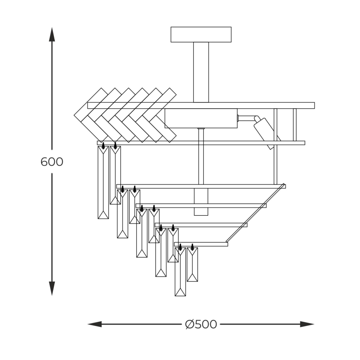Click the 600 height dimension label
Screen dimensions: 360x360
tap(52, 161)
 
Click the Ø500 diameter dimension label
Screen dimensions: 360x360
tap(201, 324)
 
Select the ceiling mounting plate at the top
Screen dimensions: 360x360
tap(201, 34)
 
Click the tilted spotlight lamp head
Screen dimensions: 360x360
tap(265, 131)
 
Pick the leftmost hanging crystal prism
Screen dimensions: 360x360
tap(103, 182)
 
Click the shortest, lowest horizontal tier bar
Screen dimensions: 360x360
tap(201, 244)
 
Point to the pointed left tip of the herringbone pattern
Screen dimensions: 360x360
tap(76, 114)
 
